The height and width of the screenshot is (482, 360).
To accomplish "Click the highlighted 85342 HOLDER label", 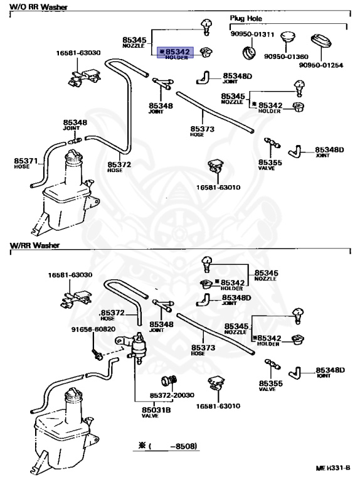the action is coord(176,53).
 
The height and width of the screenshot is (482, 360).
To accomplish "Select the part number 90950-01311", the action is coord(252,34).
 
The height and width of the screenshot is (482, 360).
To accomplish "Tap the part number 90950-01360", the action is coord(286,56).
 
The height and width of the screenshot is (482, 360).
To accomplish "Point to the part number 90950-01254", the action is coord(321,65).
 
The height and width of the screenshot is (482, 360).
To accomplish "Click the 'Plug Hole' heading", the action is coord(246,18).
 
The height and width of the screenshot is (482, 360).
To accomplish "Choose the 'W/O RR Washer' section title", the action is coord(38,7).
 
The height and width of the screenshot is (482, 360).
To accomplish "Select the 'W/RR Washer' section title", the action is coord(34,245).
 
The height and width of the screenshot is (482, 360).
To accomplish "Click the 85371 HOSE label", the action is coord(26,163).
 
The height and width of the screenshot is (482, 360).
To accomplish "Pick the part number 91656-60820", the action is coord(93,329).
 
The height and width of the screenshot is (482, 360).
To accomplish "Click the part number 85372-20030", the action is coord(172,395).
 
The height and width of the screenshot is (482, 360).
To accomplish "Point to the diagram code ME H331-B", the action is coord(333,468).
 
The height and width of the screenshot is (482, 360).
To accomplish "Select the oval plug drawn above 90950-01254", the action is coord(321,42).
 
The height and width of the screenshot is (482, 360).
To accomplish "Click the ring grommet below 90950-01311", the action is coord(248,53).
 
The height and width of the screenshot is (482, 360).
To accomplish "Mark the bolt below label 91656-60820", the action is coord(97,354).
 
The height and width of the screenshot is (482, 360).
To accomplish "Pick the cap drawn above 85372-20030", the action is coord(169,381).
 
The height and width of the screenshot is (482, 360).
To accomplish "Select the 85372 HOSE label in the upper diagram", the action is coord(119,166).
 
